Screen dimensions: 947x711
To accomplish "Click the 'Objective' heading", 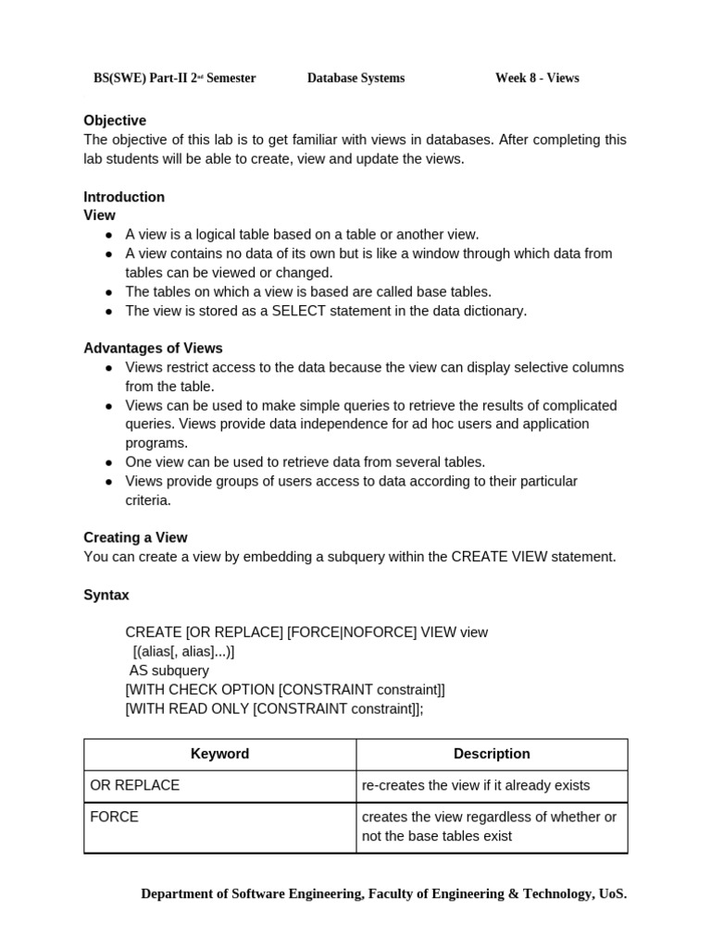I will coord(115,120).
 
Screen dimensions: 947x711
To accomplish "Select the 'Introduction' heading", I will coord(124,197).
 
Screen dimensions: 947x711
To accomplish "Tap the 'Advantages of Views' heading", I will coord(153,349).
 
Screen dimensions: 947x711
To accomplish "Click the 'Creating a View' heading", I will coord(135,537).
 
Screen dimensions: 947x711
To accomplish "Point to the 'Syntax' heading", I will coord(106,595).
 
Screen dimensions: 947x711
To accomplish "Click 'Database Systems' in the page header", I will coord(355,79).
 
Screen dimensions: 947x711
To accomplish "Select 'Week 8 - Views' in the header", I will coord(537,79).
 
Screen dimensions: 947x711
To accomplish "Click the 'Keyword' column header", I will coord(219,754).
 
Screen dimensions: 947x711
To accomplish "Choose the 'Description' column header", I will coord(492,754).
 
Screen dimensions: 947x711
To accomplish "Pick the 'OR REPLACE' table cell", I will coord(134,785).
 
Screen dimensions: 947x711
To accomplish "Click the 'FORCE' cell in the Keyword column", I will coord(114,818).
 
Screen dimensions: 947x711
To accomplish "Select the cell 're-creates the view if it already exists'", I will coord(475,785).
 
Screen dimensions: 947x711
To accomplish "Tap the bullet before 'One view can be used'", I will coord(108,462).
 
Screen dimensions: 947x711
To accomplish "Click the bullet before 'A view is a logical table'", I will coord(108,235).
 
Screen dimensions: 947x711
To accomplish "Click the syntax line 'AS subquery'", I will coord(168,670).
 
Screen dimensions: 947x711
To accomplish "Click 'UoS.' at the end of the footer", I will coord(613,894).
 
